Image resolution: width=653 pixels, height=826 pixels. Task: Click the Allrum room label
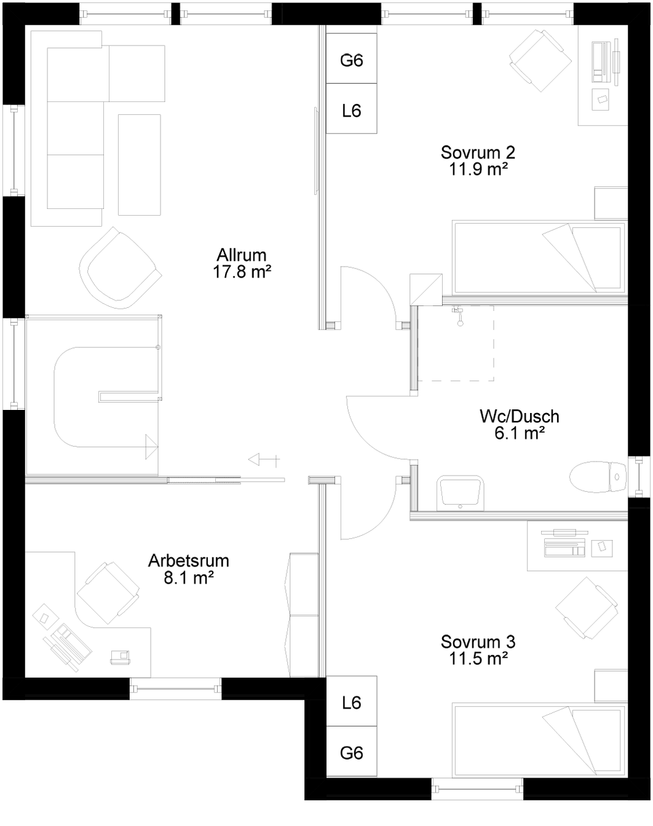(x=242, y=254)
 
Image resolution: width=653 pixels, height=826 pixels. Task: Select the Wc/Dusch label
(x=519, y=417)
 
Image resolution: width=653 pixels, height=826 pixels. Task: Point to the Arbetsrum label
(x=189, y=560)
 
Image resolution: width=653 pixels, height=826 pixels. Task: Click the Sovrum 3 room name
(x=478, y=642)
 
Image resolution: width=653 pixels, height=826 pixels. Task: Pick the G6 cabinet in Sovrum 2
(x=351, y=60)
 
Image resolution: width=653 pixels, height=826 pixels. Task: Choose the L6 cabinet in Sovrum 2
(x=351, y=111)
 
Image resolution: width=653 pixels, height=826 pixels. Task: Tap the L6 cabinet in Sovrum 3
(x=351, y=702)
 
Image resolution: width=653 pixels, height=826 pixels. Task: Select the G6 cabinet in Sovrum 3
(x=351, y=752)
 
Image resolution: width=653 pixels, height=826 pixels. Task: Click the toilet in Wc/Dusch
(x=596, y=477)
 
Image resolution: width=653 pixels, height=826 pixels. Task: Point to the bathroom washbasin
(x=461, y=493)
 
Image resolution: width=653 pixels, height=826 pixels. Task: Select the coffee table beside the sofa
(x=139, y=164)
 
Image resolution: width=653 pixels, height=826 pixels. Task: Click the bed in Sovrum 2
(x=539, y=257)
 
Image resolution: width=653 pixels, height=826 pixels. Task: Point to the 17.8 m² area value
(x=242, y=272)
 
